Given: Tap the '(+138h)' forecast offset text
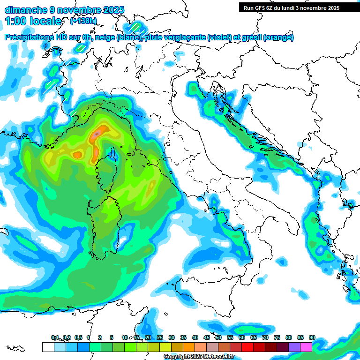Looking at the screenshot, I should tap(84, 21).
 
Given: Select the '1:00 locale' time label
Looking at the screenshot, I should tap(33, 21).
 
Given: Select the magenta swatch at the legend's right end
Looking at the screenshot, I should tap(306, 347).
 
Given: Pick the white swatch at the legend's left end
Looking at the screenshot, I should tap(48, 347).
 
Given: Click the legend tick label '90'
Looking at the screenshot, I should tap(312, 337).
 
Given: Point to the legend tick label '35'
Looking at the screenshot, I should tap(183, 337).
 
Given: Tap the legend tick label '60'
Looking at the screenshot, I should tap(241, 337).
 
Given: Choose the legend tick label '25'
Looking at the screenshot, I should tap(159, 337).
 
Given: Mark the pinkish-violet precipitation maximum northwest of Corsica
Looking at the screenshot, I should tap(96, 135).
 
